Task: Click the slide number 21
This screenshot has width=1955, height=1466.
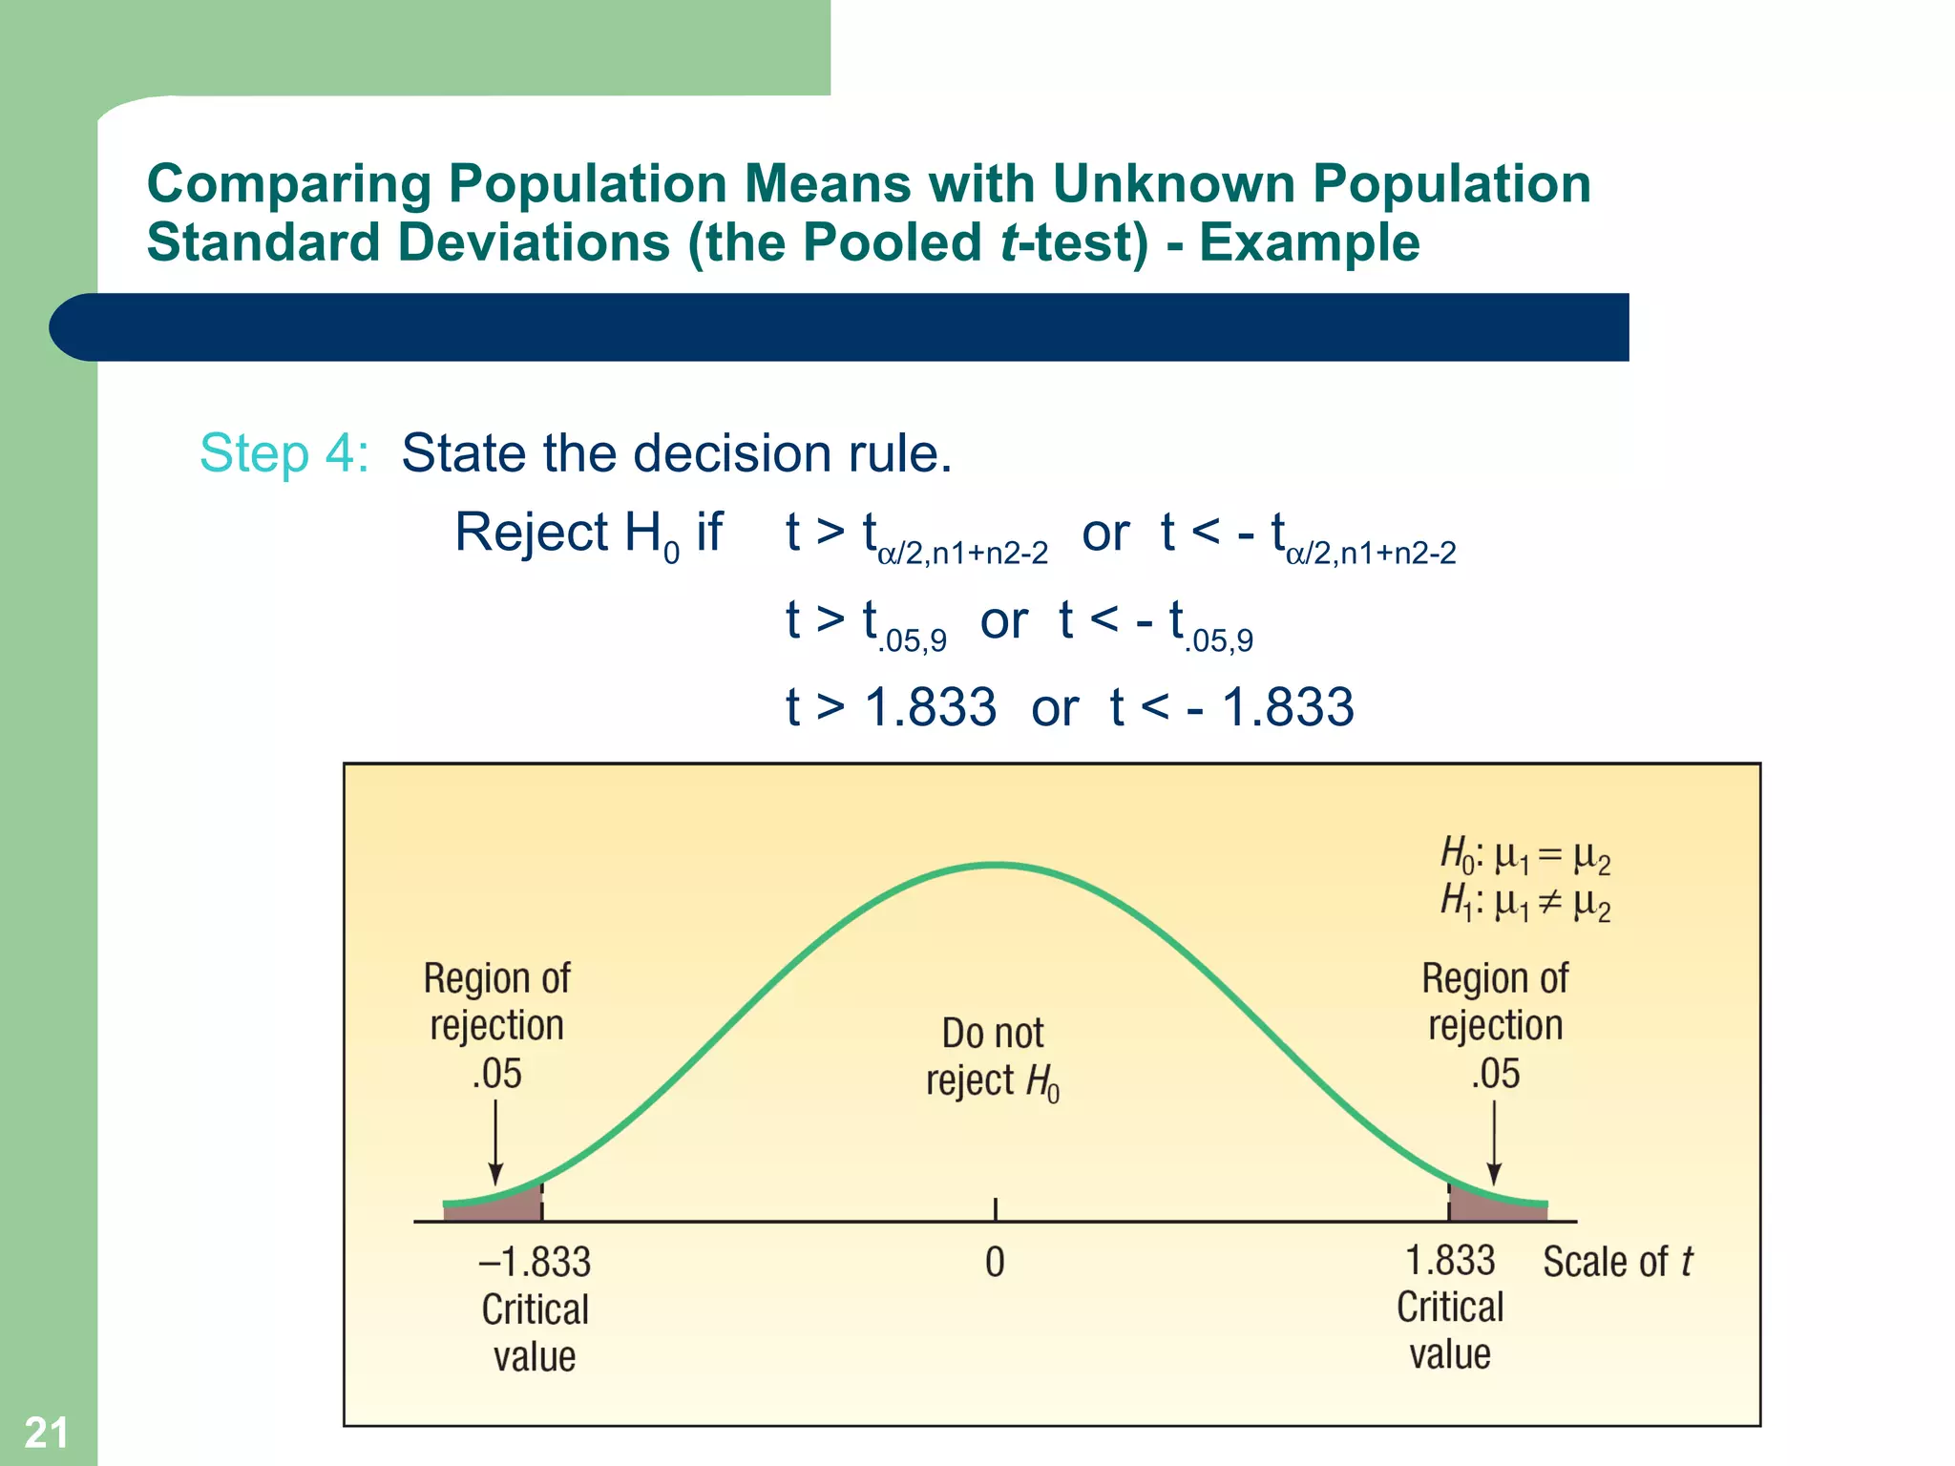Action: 46,1433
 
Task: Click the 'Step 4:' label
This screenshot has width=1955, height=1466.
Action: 284,452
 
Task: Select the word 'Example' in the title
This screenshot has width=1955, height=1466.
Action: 1309,241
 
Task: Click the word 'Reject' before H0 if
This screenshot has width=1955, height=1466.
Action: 531,532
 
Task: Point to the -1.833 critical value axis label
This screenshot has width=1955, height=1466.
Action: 535,1262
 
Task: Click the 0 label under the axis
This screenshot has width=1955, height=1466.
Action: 995,1262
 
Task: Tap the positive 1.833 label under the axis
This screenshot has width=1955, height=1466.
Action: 1450,1260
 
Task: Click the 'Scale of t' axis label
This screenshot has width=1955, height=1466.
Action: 1617,1262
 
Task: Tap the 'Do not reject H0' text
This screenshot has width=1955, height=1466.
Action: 993,1058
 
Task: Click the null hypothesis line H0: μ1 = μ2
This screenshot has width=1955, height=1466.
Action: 1524,855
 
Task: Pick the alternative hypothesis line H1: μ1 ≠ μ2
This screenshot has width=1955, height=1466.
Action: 1524,902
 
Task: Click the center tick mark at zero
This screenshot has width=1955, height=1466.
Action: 996,1209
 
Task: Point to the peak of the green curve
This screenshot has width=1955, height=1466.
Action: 995,865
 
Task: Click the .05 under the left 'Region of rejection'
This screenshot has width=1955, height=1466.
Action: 496,1074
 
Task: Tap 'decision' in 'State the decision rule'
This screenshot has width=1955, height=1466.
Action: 732,452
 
